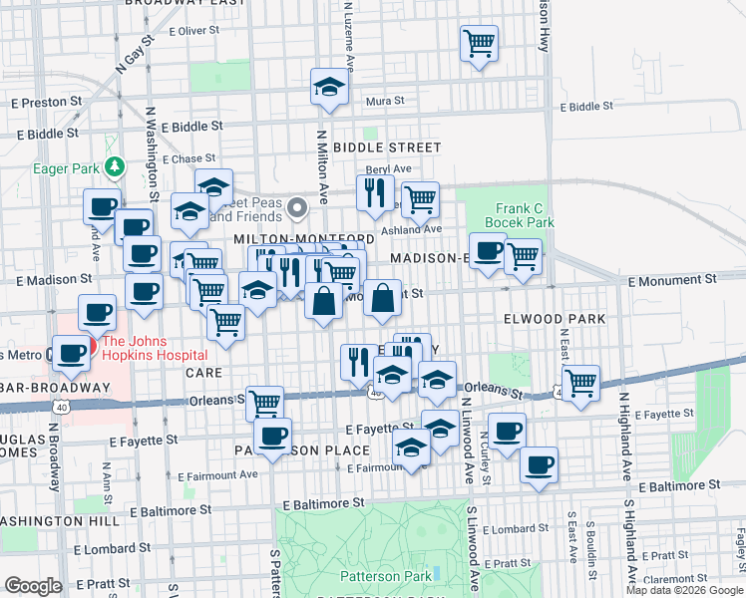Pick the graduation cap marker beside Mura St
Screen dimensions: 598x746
[328, 88]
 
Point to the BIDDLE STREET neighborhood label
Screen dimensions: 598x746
[386, 148]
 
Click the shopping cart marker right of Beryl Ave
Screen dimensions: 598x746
[420, 199]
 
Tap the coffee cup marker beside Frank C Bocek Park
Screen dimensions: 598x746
[488, 250]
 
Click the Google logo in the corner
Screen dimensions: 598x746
[33, 586]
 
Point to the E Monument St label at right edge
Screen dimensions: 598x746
[686, 282]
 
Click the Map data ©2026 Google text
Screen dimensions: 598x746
[683, 590]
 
